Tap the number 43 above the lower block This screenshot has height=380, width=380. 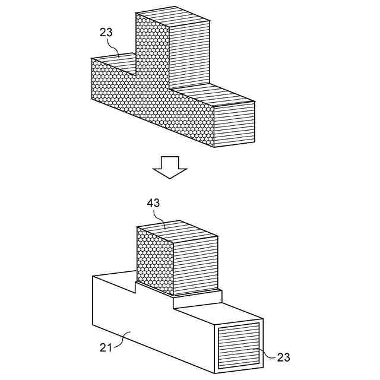click(153, 202)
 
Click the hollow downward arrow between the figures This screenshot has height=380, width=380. click(170, 167)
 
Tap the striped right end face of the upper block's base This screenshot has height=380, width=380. click(234, 124)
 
